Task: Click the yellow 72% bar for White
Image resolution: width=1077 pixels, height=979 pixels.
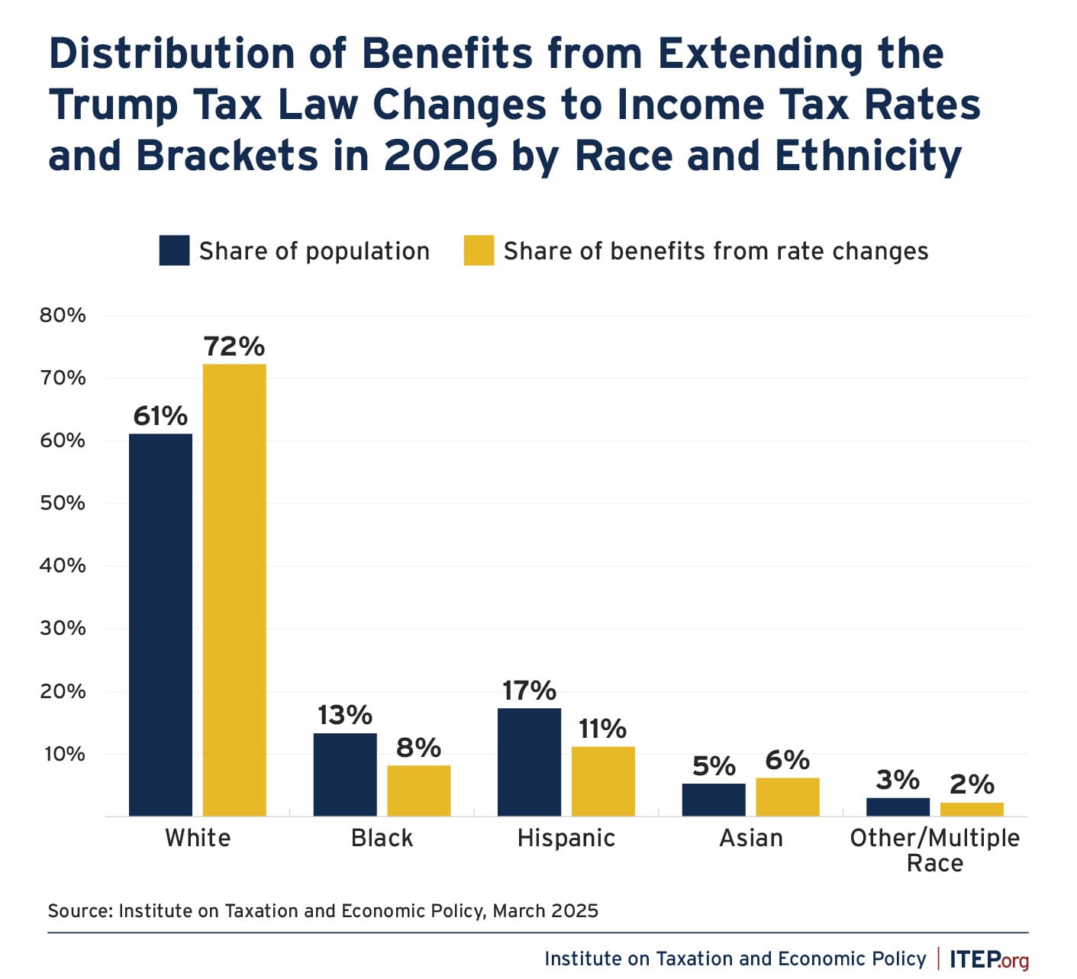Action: (234, 590)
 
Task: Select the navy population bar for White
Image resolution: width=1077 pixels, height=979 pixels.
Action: (160, 625)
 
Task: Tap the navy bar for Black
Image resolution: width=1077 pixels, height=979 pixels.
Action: (345, 775)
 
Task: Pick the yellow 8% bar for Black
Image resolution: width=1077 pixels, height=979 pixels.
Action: (419, 791)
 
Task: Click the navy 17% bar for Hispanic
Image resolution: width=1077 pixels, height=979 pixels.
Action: (529, 762)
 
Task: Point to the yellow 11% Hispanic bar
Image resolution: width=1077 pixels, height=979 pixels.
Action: (603, 781)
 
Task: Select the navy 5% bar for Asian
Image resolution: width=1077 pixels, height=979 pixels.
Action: (714, 800)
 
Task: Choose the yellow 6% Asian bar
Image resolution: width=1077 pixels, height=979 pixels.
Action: (788, 797)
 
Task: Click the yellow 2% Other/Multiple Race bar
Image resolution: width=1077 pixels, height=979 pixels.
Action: (972, 809)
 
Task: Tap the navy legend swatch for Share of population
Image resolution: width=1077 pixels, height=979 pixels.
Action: (174, 250)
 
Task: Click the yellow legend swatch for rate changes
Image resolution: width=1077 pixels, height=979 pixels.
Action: (479, 250)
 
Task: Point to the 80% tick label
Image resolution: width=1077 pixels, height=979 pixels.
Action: (63, 315)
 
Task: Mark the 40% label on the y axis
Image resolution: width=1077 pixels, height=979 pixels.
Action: (63, 565)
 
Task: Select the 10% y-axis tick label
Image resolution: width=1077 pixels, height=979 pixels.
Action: (64, 754)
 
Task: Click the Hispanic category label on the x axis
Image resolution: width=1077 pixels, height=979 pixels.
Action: (566, 838)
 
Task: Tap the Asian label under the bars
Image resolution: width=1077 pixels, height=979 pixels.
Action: (751, 838)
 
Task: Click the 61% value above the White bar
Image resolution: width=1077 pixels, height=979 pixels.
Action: (160, 416)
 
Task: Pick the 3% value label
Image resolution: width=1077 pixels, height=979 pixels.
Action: (898, 780)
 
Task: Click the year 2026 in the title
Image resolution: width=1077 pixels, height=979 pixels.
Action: (440, 156)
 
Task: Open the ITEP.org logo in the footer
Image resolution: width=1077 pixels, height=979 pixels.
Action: (989, 959)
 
